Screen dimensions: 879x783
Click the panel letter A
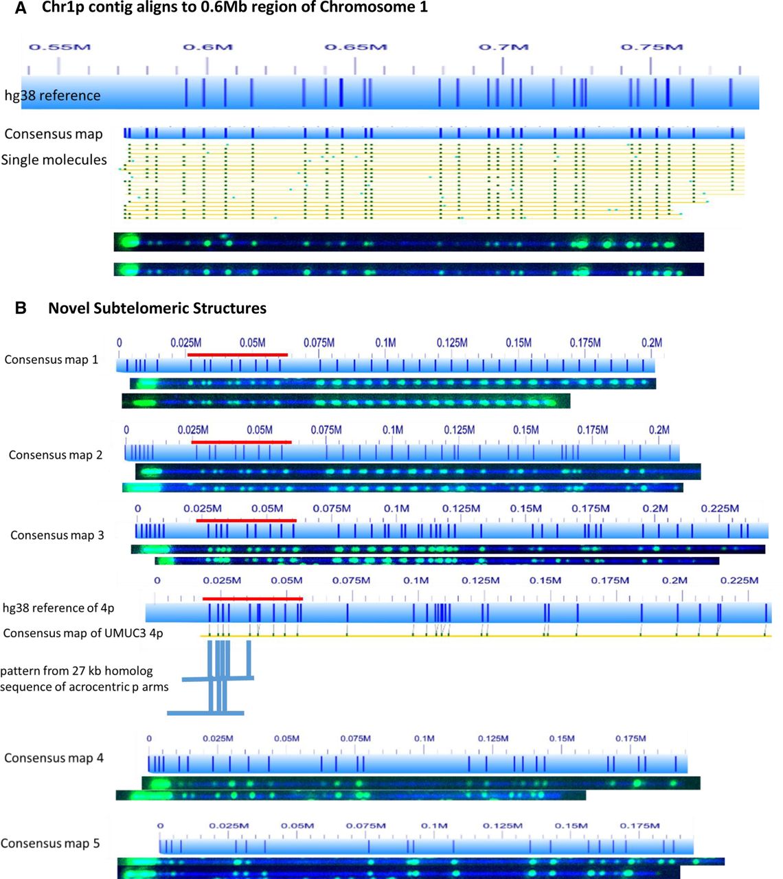(x=21, y=9)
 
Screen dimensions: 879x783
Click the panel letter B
(x=21, y=308)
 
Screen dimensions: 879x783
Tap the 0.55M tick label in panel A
(x=59, y=47)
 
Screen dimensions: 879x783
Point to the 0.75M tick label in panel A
(x=651, y=47)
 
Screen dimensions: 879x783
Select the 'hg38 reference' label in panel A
(x=52, y=95)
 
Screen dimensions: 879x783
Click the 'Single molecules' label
(x=54, y=160)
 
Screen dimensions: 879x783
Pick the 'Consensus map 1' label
(x=51, y=360)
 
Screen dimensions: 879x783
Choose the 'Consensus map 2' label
(x=56, y=455)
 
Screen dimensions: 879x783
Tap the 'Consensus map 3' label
(x=57, y=535)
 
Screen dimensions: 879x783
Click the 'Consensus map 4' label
(x=54, y=758)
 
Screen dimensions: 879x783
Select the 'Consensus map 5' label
(x=50, y=843)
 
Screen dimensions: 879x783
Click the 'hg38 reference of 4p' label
(x=58, y=608)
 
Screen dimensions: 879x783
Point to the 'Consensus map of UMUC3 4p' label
(x=83, y=633)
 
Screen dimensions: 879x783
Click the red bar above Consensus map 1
(x=238, y=355)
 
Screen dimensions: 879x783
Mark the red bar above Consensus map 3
(x=246, y=521)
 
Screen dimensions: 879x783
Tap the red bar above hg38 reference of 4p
(x=252, y=599)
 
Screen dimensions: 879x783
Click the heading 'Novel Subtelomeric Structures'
(x=157, y=308)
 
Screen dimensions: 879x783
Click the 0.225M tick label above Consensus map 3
(x=720, y=508)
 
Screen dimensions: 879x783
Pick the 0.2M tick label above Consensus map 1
(x=651, y=343)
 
